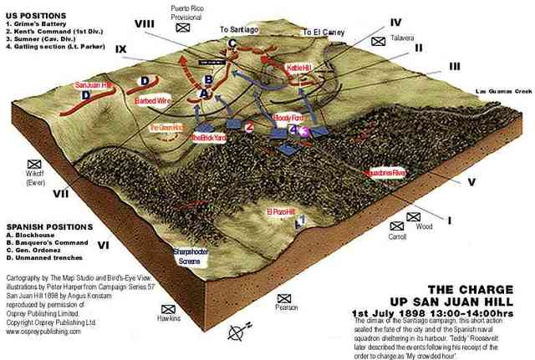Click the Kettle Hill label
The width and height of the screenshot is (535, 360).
[x=298, y=67]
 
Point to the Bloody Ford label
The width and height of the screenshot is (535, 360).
[x=288, y=119]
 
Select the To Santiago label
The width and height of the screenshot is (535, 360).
[x=237, y=28]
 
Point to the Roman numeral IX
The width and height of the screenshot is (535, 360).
[x=121, y=50]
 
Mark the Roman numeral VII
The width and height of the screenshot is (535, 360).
[x=60, y=194]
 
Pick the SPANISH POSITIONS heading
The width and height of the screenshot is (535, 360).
[x=48, y=226]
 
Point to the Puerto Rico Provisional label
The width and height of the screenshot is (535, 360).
[x=186, y=12]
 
